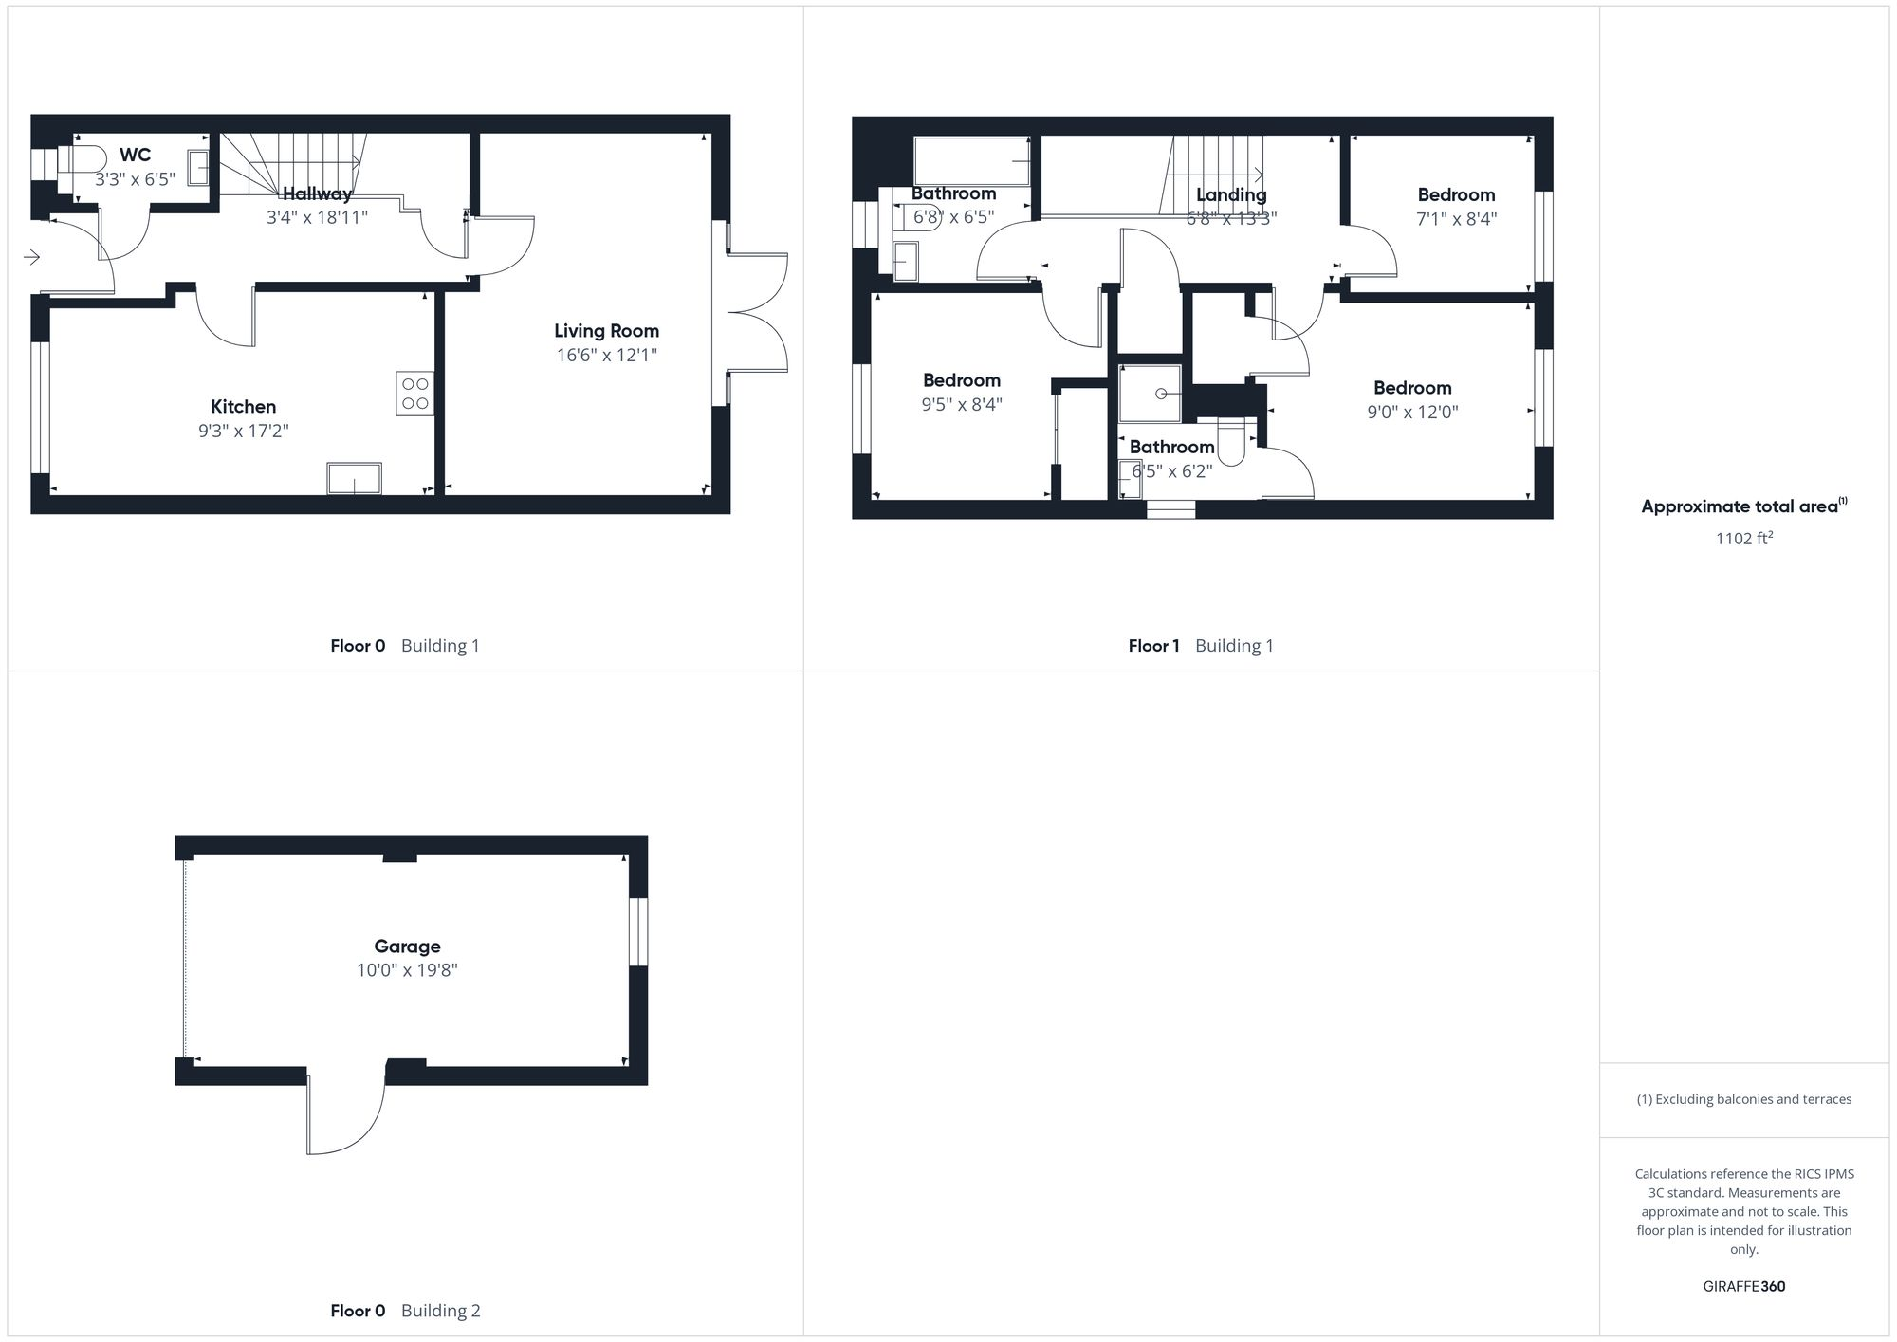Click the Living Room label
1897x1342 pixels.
pyautogui.click(x=606, y=331)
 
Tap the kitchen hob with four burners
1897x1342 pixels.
pyautogui.click(x=415, y=394)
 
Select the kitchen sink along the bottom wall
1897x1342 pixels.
pyautogui.click(x=354, y=479)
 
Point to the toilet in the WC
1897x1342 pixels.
pyautogui.click(x=83, y=158)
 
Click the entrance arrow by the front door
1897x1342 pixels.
pyautogui.click(x=32, y=257)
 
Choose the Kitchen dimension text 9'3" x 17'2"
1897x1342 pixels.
pyautogui.click(x=243, y=431)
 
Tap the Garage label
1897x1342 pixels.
pyautogui.click(x=407, y=947)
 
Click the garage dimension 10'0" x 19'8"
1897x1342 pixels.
pyautogui.click(x=407, y=970)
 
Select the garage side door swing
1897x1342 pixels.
pyautogui.click(x=345, y=1114)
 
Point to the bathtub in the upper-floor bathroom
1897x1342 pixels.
pyautogui.click(x=971, y=161)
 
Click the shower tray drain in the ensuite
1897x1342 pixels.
pyautogui.click(x=1160, y=394)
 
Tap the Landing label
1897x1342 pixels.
pyautogui.click(x=1231, y=195)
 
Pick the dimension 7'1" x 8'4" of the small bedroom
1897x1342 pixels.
pyautogui.click(x=1456, y=219)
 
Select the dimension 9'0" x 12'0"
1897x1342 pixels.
pyautogui.click(x=1412, y=413)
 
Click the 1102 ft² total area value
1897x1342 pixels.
pyautogui.click(x=1743, y=539)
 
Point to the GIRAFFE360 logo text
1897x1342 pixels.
pyautogui.click(x=1743, y=1287)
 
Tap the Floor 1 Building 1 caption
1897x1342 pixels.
pyautogui.click(x=1201, y=646)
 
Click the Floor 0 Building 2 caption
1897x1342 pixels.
pyautogui.click(x=405, y=1311)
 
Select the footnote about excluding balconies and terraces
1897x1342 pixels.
pyautogui.click(x=1743, y=1100)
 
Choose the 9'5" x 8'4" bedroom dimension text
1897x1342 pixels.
pyautogui.click(x=962, y=405)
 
